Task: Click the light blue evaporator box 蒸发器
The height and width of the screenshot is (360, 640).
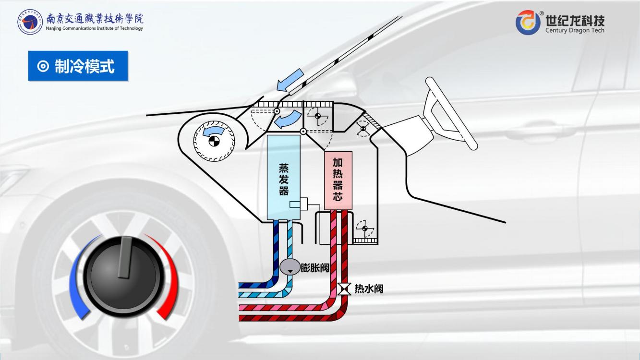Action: pos(283,178)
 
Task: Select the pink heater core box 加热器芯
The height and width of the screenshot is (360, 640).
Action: pos(338,180)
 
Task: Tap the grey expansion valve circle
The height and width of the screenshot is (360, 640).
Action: pos(290,268)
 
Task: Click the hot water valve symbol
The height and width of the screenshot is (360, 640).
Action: pos(344,289)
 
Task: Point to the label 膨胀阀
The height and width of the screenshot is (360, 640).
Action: pos(315,268)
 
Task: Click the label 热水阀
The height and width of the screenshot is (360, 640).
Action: pos(369,289)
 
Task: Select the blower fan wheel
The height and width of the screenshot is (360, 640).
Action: pos(214,140)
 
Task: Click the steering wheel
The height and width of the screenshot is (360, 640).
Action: pos(450,113)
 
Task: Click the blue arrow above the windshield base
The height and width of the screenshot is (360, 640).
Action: pos(291,80)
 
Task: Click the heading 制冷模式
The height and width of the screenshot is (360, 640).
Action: pos(85,66)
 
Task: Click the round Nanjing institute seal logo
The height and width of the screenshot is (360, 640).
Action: pos(30,22)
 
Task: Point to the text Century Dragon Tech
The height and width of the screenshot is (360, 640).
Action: pos(575,30)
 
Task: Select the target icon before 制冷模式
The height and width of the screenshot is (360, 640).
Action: pos(43,66)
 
